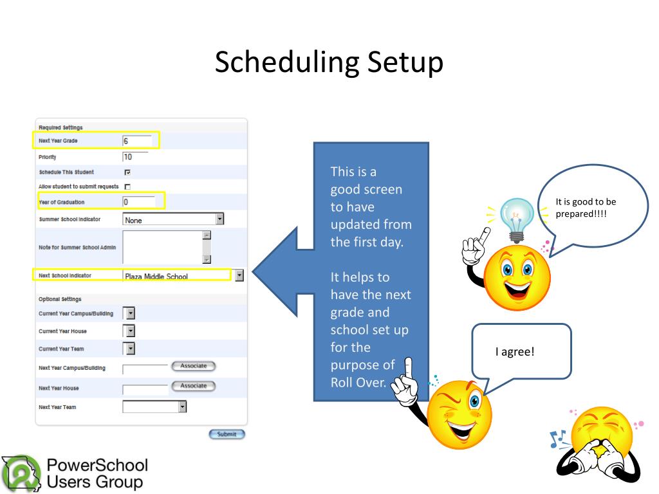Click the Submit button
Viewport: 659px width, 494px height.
coord(227,434)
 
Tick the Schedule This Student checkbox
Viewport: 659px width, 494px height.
coord(127,172)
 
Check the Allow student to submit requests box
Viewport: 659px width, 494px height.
coord(127,187)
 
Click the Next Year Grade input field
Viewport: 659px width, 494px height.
coord(137,140)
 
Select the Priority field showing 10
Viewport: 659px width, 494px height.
coord(135,157)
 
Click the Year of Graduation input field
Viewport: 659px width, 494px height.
coord(138,202)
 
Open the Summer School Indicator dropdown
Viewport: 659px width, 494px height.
coord(219,219)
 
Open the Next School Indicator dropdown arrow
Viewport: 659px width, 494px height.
coord(239,275)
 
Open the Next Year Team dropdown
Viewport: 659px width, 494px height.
coord(183,407)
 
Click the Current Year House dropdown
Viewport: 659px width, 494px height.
coord(129,331)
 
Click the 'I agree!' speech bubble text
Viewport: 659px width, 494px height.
coord(514,352)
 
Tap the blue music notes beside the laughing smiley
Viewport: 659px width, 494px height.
coord(556,439)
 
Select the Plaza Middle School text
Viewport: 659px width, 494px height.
coord(156,277)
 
